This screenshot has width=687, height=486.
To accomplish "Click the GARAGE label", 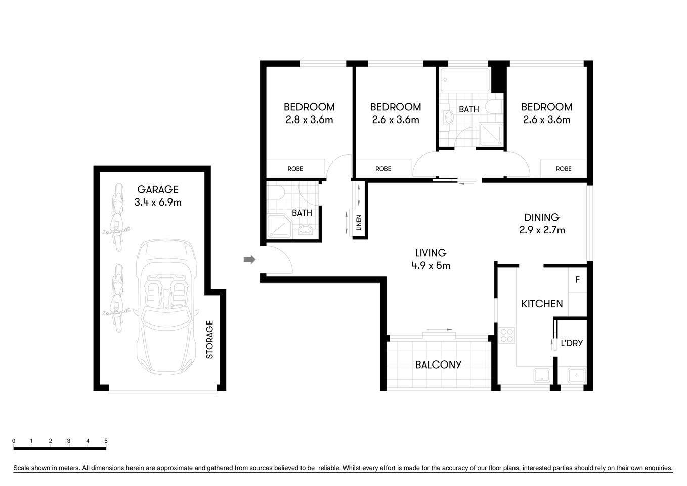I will click(x=158, y=189).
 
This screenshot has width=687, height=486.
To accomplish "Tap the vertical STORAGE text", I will click(x=210, y=340).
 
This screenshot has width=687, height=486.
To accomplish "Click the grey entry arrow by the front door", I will click(x=249, y=260).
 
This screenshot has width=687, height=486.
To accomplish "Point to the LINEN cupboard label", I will click(x=359, y=223).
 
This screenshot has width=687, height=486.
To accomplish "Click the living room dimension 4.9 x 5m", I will click(x=431, y=265).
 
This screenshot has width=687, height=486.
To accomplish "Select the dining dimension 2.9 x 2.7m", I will click(x=542, y=230).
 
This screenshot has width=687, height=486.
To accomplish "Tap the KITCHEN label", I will click(x=542, y=304).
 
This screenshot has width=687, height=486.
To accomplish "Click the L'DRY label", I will click(x=572, y=343).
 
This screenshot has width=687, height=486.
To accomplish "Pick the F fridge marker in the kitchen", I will click(x=577, y=280).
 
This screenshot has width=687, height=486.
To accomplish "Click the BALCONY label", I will click(x=438, y=364).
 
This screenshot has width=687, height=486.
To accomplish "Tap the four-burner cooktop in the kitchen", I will click(x=506, y=335).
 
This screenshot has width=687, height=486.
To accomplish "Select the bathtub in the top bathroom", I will click(x=465, y=79).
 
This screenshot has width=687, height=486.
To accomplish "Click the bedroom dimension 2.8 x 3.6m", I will click(x=309, y=120).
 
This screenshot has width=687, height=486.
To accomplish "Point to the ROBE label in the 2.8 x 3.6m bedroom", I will click(x=295, y=169).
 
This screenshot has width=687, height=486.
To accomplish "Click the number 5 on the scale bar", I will click(x=106, y=441).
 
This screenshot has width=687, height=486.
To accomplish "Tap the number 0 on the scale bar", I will click(x=14, y=441).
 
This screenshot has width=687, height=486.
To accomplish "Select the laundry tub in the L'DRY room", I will click(x=576, y=375).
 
